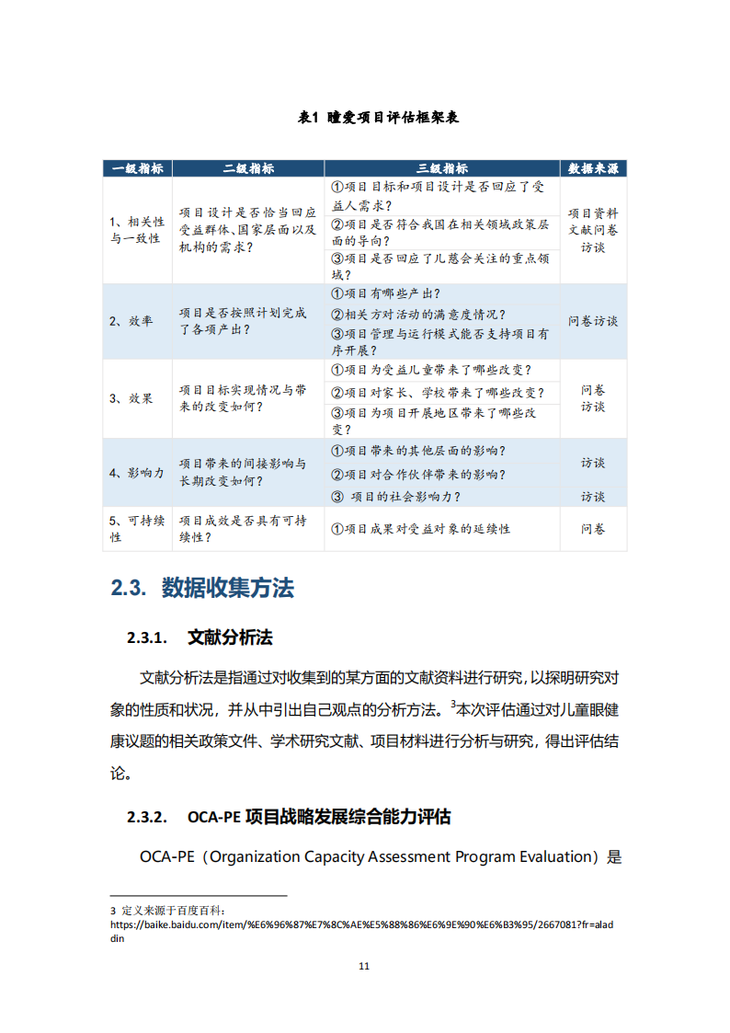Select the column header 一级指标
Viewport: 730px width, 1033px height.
click(137, 168)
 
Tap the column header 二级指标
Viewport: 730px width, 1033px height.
click(248, 168)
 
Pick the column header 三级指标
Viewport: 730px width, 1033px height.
click(442, 168)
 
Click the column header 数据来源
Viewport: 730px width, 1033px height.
click(593, 168)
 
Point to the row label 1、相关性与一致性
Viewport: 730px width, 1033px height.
click(137, 230)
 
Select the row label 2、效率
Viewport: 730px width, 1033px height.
click(131, 321)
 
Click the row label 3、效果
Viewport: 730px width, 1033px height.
click(131, 398)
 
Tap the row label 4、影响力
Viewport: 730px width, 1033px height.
click(137, 473)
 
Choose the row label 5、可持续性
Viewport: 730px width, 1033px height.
click(137, 529)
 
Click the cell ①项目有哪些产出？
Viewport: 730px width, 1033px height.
click(385, 294)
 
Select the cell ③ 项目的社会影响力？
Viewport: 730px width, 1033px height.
click(395, 497)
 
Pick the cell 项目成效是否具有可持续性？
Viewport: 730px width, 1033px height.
click(243, 529)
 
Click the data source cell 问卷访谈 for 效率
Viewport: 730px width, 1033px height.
click(593, 321)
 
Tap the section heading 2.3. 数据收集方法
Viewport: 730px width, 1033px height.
click(202, 588)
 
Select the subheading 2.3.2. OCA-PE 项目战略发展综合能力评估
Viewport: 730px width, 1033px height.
click(289, 817)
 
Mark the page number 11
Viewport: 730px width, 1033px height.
click(364, 966)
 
